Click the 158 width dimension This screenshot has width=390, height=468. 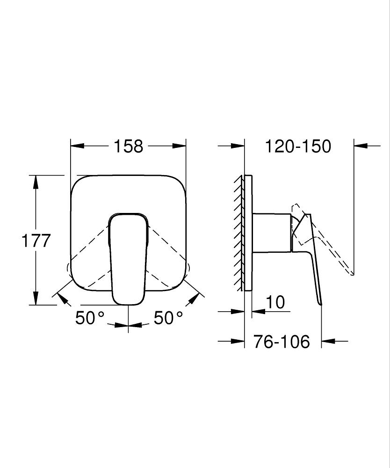point(128,146)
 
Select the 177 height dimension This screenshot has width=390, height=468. point(36,241)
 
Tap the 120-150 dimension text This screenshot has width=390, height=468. point(298,146)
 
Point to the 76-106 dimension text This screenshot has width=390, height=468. point(282,342)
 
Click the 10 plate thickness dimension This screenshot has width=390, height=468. point(277,302)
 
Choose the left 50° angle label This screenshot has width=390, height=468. point(90,318)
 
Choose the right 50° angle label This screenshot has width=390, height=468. point(168,318)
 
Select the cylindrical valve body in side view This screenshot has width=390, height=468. point(271,233)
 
